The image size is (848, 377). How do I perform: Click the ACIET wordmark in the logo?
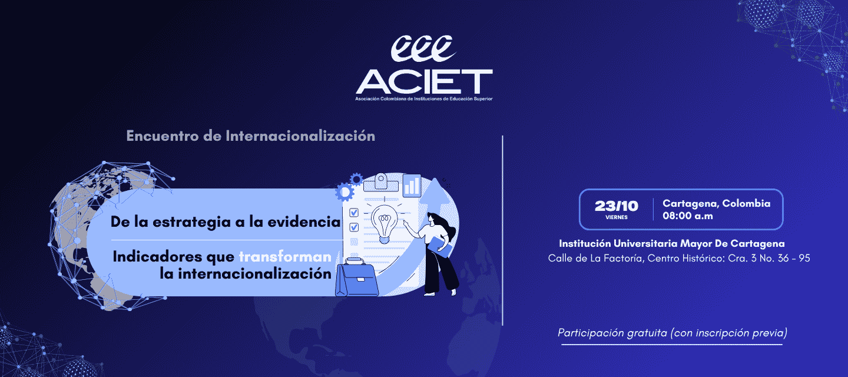[x=424, y=81]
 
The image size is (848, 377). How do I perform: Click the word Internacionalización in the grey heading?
[x=300, y=136]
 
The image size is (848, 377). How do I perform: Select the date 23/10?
[x=617, y=206]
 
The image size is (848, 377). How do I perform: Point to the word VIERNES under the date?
[x=617, y=217]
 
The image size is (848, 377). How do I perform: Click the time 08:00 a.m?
[x=687, y=216]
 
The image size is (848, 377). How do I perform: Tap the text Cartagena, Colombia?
[x=716, y=204]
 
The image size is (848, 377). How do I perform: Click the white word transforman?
[x=285, y=257]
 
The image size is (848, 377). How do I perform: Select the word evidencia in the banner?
[x=304, y=222]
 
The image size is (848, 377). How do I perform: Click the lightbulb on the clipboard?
[x=384, y=224]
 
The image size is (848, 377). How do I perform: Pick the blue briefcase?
[x=357, y=277]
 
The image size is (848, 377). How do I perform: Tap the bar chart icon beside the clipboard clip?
[x=412, y=186]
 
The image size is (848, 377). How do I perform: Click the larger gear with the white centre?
[x=344, y=192]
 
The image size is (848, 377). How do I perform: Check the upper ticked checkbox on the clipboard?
[x=353, y=213]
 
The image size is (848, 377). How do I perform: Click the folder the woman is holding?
[x=440, y=247]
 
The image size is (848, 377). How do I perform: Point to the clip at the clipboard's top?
[x=381, y=183]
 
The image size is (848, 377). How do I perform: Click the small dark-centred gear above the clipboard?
[x=356, y=179]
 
